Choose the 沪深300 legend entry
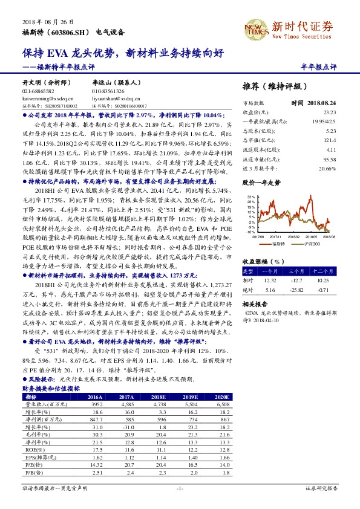click(x=311, y=243)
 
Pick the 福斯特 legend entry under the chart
click(x=279, y=243)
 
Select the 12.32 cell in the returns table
click(x=270, y=279)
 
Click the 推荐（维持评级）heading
click(x=268, y=86)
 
